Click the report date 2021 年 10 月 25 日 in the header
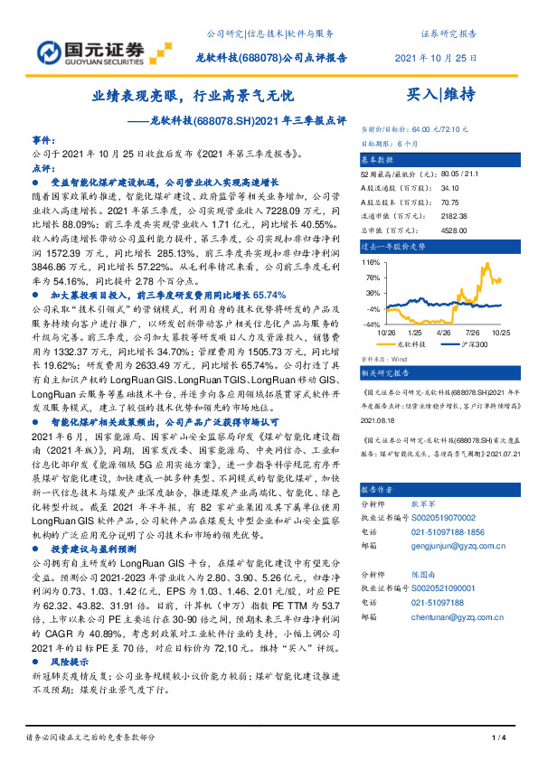[437, 57]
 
